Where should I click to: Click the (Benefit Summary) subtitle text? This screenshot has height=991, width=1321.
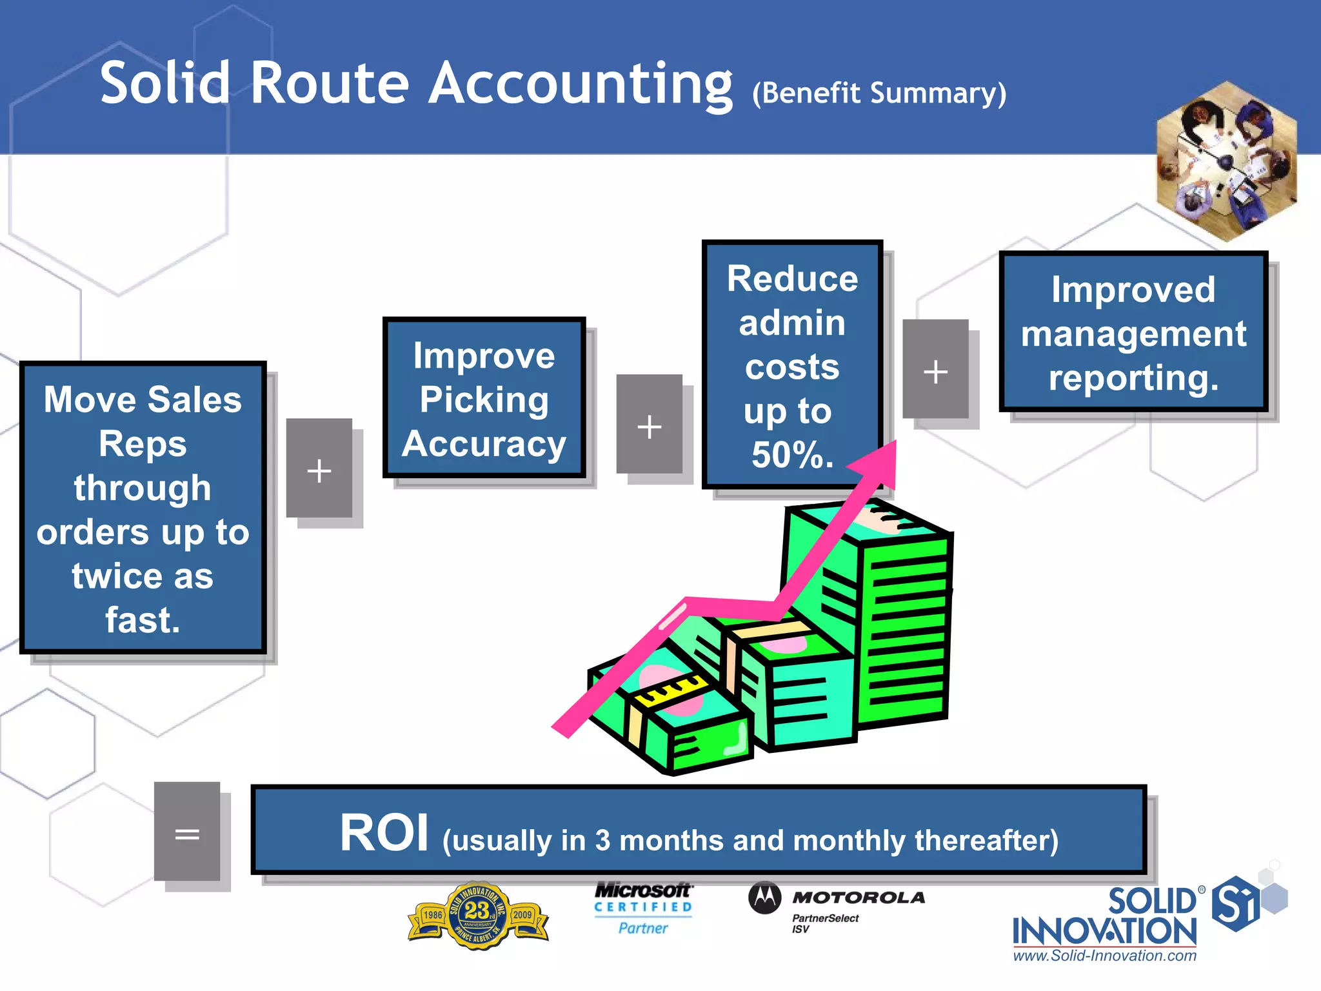point(879,94)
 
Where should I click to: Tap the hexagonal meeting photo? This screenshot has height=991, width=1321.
point(1226,161)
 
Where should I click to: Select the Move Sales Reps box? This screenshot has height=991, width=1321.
point(143,508)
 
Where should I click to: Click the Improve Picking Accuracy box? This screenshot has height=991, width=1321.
point(484,398)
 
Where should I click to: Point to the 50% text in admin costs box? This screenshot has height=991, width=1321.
point(792,454)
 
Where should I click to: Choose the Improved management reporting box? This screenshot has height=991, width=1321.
point(1133,332)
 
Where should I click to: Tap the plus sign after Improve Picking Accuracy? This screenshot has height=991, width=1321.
point(649,425)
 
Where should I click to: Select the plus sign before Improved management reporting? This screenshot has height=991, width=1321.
point(935,370)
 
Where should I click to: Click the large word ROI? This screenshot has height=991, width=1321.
point(384,833)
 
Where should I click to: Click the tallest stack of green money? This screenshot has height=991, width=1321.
point(903,619)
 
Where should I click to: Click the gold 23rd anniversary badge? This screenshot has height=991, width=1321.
point(478,915)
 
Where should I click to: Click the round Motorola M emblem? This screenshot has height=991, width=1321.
point(765,897)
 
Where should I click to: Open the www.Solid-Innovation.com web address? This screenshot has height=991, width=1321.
point(1104,956)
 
